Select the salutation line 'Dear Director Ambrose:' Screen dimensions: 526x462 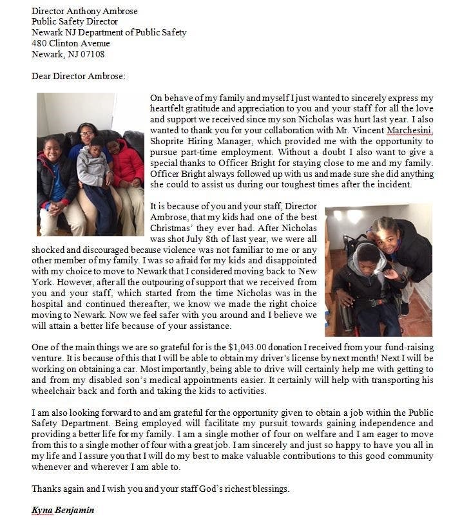pos(79,76)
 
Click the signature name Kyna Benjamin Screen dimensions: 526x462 pos(63,510)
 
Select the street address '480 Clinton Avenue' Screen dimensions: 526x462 pos(71,43)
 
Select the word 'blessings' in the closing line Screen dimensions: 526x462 pos(269,488)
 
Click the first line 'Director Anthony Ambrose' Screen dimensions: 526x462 pos(84,11)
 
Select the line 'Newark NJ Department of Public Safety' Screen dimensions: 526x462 pos(109,32)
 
